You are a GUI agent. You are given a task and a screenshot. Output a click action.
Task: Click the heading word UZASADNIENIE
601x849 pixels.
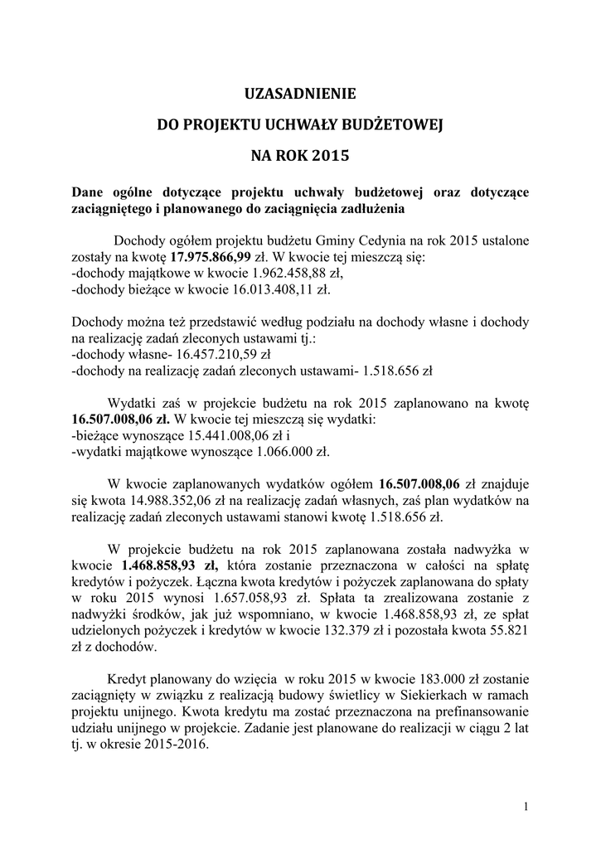(x=301, y=94)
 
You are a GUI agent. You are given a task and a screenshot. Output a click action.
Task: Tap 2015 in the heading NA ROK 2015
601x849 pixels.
(x=332, y=154)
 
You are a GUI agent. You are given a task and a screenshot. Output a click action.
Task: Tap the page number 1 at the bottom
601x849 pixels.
(x=526, y=806)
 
